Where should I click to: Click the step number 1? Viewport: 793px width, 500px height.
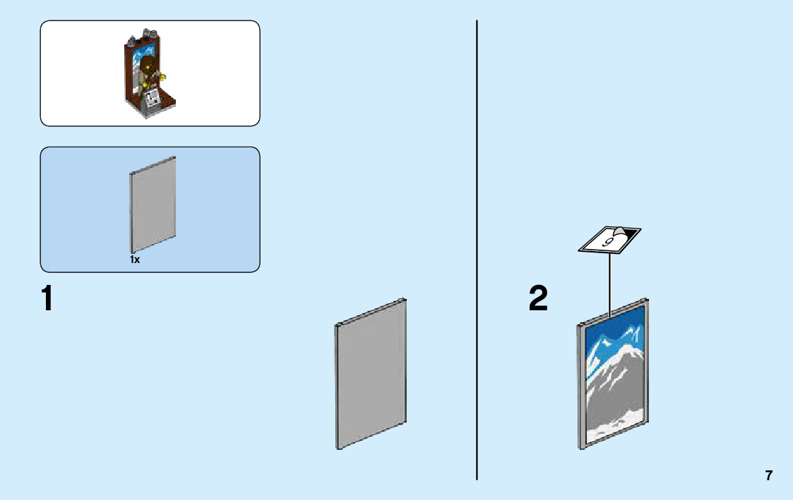tap(47, 298)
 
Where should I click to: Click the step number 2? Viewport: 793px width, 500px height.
tap(538, 298)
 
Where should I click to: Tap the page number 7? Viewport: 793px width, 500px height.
tap(768, 475)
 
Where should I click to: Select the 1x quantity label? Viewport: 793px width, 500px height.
tap(135, 260)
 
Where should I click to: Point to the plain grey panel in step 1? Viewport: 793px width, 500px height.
tap(371, 374)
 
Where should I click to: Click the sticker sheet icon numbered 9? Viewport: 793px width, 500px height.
tap(609, 239)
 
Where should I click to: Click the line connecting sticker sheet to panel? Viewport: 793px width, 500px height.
tap(609, 282)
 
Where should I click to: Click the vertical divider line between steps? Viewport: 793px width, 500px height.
tap(477, 247)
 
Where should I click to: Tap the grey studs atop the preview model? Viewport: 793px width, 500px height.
tap(141, 32)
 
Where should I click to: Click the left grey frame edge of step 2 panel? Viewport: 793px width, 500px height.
tap(582, 388)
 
